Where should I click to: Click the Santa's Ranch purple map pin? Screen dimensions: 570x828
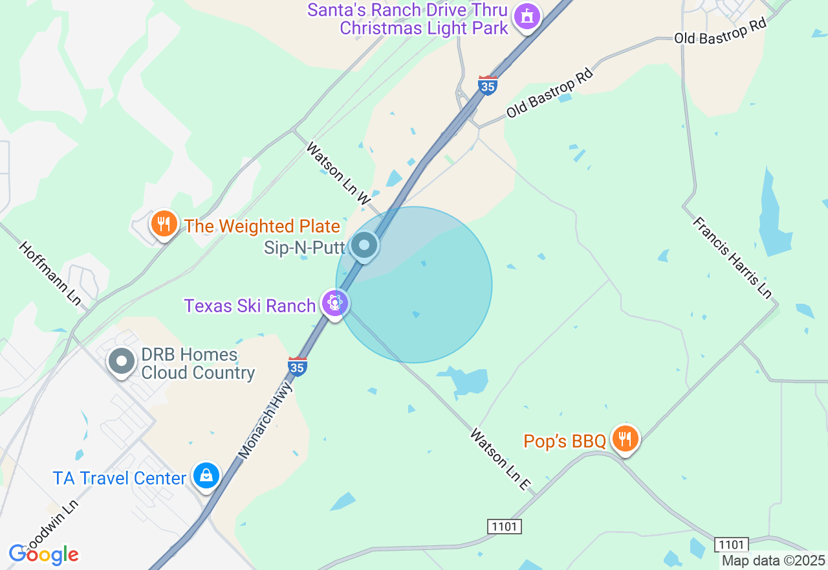pos(527,17)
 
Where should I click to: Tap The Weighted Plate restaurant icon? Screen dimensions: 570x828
pos(164,224)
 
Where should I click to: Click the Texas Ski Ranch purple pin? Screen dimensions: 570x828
pos(334,303)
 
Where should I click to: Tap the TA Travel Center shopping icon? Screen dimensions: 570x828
pos(206,476)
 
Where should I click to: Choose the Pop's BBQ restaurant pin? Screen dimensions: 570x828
pos(624,439)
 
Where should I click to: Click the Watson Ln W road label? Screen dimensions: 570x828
pos(338,174)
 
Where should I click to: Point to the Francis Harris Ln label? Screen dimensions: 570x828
pos(732,257)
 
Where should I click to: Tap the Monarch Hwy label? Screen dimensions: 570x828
pos(266,420)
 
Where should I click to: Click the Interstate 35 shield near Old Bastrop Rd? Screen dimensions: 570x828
pos(488,85)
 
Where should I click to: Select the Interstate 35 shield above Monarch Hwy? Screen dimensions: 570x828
pos(297,366)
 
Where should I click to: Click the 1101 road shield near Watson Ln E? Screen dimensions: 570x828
pos(504,526)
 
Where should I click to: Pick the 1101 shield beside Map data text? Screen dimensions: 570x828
pos(732,545)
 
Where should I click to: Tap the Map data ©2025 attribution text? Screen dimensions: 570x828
pos(773,560)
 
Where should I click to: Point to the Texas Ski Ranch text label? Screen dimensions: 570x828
pos(250,306)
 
